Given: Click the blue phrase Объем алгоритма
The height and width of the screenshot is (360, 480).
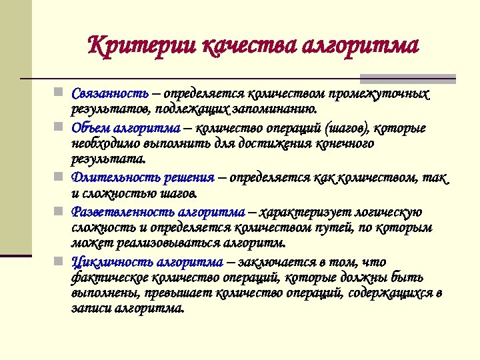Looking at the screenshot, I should (x=126, y=127).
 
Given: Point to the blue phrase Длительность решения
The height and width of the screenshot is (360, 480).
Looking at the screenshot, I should (x=143, y=177).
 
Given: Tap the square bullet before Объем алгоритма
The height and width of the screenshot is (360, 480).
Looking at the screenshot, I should (x=59, y=125).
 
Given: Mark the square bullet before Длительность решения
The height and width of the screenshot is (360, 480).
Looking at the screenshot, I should (x=59, y=176).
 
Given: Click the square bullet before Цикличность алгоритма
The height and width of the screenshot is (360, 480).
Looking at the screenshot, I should (x=59, y=259).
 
